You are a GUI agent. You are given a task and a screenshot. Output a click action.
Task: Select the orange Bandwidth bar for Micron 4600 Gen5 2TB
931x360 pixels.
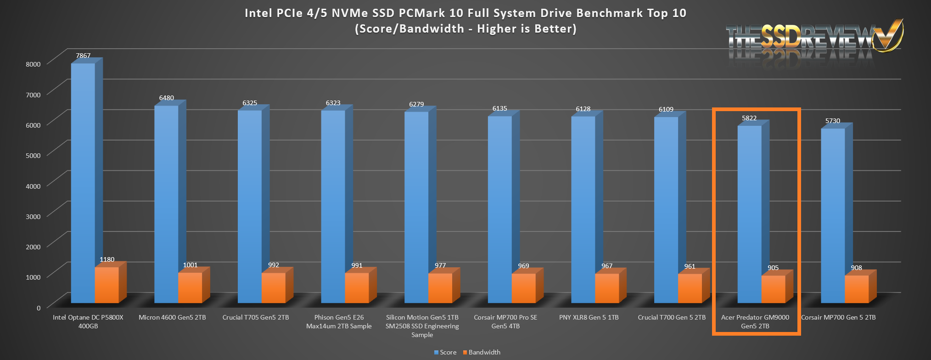(x=190, y=288)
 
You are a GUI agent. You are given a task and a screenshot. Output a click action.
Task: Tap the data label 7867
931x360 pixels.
(x=83, y=56)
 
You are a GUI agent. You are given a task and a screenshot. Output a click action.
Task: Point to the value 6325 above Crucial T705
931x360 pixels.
(x=250, y=103)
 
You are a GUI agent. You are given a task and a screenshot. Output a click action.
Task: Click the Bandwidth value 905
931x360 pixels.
(x=773, y=268)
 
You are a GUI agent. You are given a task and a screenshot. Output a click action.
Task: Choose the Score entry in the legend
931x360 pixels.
(x=445, y=352)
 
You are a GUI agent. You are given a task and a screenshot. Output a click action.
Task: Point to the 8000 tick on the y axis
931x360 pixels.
(x=33, y=64)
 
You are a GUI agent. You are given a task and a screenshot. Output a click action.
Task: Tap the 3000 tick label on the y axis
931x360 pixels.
(x=33, y=216)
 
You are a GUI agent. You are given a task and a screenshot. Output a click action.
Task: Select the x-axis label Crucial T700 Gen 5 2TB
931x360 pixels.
(x=672, y=317)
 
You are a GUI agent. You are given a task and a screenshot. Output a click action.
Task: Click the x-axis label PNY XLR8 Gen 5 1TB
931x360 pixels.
(x=589, y=317)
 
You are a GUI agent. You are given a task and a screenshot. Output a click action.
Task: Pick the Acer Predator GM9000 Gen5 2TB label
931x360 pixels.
(x=755, y=321)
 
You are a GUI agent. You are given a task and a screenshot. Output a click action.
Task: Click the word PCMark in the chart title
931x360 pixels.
(x=423, y=13)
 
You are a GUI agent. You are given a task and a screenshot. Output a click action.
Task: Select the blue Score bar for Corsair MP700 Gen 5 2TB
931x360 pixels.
(x=833, y=216)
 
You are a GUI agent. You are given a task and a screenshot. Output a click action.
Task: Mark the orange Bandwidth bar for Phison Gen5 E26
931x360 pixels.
(x=357, y=288)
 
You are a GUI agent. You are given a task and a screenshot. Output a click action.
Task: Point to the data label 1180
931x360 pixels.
(x=107, y=259)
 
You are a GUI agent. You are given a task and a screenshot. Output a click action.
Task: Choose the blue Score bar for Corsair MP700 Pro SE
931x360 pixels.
(x=500, y=209)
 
